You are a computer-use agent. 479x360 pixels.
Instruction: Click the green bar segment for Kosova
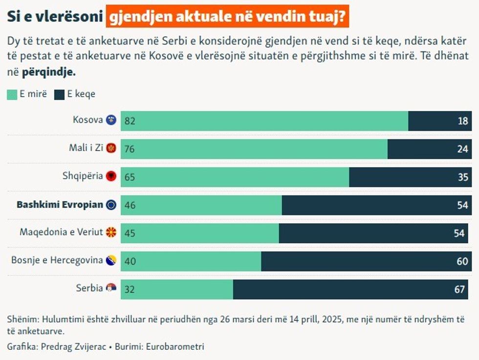(x=264, y=121)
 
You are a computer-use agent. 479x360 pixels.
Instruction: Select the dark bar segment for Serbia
(x=352, y=290)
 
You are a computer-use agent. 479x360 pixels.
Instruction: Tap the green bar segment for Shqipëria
(x=235, y=177)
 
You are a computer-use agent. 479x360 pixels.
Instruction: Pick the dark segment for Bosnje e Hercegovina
(x=367, y=261)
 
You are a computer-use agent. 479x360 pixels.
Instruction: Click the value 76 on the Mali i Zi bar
(x=130, y=149)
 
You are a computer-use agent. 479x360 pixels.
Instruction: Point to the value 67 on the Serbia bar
(x=459, y=290)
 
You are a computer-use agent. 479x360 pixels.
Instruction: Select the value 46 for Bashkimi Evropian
(x=130, y=206)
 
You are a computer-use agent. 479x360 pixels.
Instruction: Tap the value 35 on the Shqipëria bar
(x=463, y=177)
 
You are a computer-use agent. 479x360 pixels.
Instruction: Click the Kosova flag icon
(x=111, y=120)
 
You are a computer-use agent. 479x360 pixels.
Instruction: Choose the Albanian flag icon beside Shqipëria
(x=111, y=176)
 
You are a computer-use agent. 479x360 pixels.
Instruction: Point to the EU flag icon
(x=111, y=205)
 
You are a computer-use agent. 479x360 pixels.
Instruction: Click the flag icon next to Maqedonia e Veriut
(x=111, y=233)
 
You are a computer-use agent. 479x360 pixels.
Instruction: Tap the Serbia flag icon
(x=111, y=289)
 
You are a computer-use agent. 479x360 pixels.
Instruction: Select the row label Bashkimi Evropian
(x=60, y=205)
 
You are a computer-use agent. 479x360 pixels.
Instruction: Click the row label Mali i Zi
(x=86, y=148)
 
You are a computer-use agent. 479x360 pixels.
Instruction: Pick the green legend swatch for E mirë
(x=12, y=95)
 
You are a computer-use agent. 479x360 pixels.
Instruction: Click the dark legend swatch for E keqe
(x=60, y=95)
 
